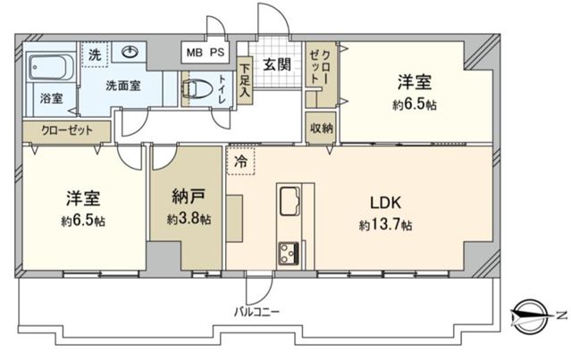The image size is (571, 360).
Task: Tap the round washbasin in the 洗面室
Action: tap(130, 52)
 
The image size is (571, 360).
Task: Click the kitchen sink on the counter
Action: tap(290, 201)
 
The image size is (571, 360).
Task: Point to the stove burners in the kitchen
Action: tap(290, 253)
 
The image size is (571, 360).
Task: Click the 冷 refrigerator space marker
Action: tap(240, 162)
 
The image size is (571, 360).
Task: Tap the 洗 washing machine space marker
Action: tap(95, 54)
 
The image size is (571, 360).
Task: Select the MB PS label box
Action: tap(206, 53)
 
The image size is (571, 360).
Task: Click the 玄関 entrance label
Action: tap(278, 65)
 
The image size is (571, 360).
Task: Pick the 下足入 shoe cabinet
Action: tap(245, 80)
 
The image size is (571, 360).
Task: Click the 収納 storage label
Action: tap(322, 128)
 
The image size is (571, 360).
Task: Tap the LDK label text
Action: tap(386, 203)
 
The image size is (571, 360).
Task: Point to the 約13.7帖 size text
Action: tap(386, 225)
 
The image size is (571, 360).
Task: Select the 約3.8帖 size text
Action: tap(189, 219)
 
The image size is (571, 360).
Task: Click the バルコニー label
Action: tap(257, 312)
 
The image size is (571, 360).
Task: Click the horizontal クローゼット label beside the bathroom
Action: tap(67, 130)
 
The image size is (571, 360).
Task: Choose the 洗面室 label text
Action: tap(123, 86)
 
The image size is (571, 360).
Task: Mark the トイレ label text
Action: tap(222, 88)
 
